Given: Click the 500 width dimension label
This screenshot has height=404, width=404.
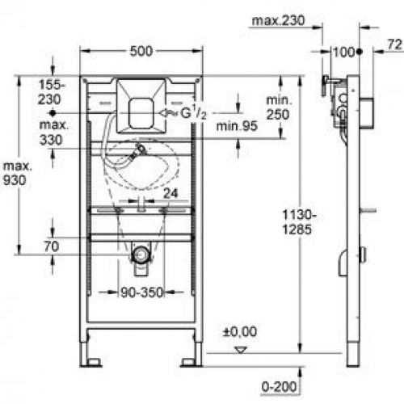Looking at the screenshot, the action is [141, 51].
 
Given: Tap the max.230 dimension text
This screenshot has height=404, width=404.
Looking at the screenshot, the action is [278, 21].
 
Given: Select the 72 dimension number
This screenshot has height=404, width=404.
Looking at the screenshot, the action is [395, 44].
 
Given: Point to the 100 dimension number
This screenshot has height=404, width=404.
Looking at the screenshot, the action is [344, 52].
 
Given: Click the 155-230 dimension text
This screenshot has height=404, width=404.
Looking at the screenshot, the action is [52, 92].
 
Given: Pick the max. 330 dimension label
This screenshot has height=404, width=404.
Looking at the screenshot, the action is [53, 133].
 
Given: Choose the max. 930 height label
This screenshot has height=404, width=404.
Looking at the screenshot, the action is [17, 174].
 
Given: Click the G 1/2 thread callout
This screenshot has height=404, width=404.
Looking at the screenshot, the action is [193, 112].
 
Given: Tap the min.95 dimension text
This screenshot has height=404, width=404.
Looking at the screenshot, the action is [237, 126].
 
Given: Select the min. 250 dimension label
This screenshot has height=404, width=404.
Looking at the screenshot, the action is [279, 107].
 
